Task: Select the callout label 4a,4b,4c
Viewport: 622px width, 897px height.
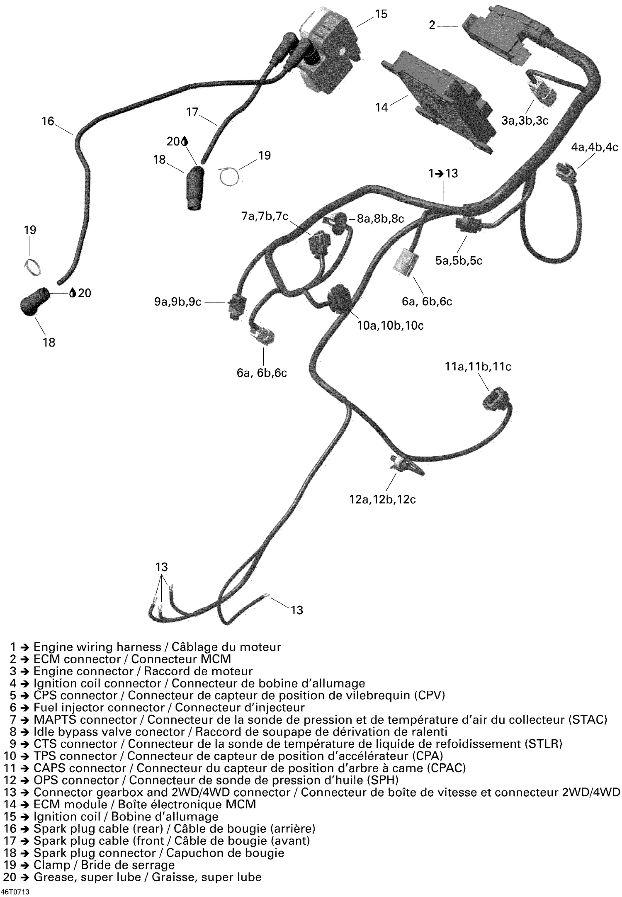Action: (x=595, y=147)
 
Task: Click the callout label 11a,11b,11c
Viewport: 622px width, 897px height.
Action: (x=478, y=367)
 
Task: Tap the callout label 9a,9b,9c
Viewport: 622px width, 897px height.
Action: (x=178, y=301)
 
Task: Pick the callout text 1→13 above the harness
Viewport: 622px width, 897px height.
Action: (x=443, y=173)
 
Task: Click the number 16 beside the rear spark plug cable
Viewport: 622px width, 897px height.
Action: (x=48, y=121)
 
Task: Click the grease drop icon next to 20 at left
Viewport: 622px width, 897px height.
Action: (x=73, y=293)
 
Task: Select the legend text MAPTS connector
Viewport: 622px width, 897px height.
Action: (x=85, y=720)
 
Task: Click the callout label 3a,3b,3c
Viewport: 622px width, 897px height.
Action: (x=525, y=121)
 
